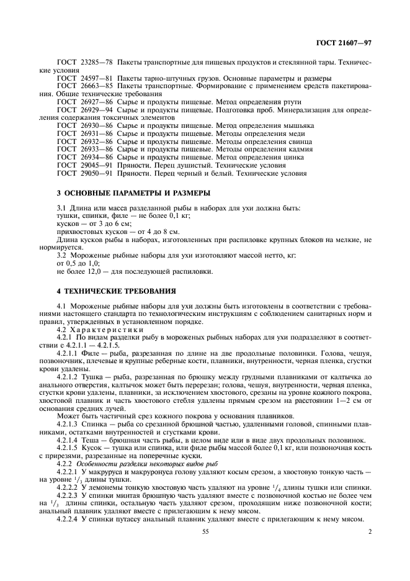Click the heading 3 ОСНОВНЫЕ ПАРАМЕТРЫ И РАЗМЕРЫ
[127, 192]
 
